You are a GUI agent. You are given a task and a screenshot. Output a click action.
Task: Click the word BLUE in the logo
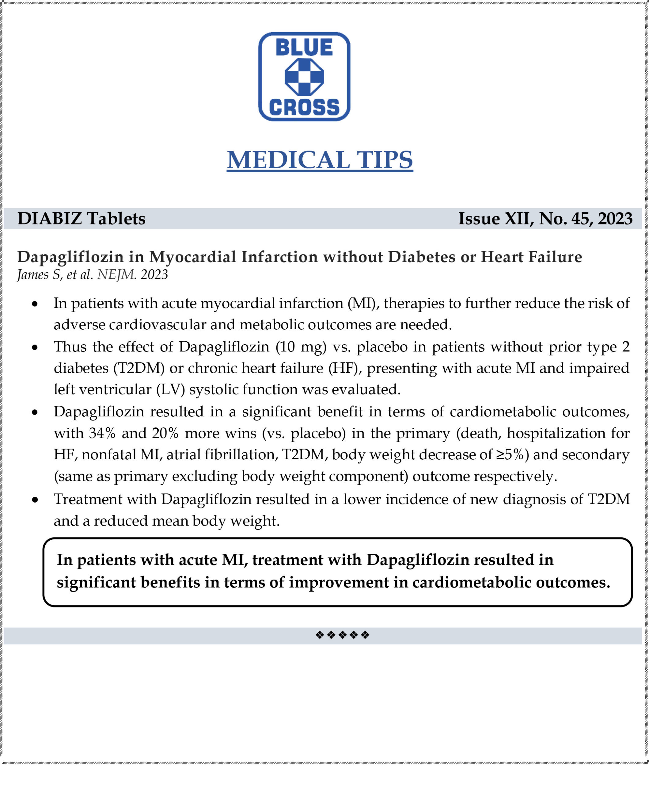click(304, 48)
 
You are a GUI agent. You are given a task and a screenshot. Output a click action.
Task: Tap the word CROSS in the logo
click(304, 107)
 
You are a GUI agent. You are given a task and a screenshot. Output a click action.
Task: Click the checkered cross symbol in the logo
click(304, 77)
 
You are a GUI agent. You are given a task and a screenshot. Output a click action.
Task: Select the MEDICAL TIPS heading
click(320, 160)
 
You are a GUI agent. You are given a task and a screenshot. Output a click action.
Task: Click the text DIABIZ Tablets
click(82, 219)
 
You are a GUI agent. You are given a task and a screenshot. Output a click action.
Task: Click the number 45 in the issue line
click(581, 219)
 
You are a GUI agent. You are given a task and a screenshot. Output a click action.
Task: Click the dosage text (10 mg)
click(301, 347)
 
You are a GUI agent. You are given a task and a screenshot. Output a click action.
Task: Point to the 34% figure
click(102, 433)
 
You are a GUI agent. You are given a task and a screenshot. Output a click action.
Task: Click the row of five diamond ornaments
click(342, 635)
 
